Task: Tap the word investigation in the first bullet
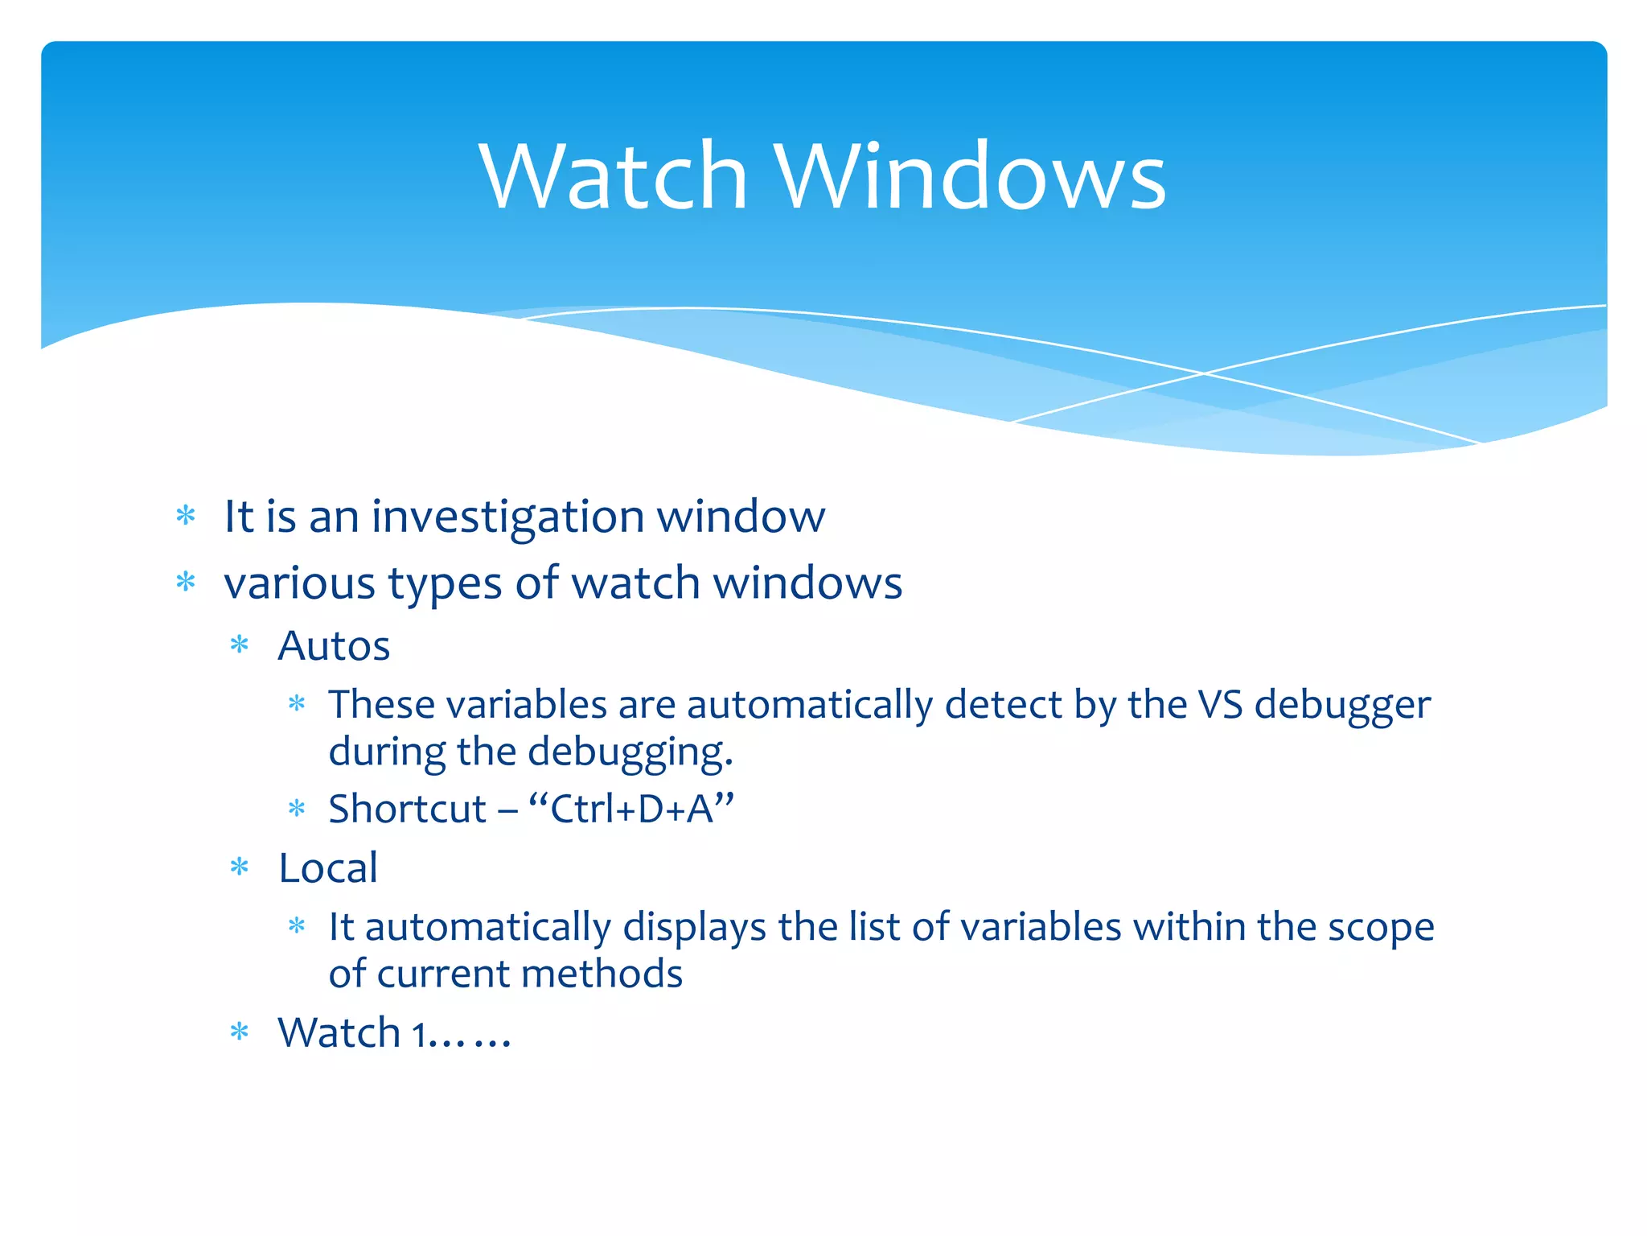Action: [507, 517]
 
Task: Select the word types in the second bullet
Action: [445, 583]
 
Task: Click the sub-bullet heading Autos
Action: [334, 646]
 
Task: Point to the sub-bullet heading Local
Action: [328, 868]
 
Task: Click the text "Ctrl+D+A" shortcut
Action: [631, 810]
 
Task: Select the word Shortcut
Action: [408, 810]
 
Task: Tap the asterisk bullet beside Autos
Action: [240, 645]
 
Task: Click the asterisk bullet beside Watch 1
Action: [240, 1032]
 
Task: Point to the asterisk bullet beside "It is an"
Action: [186, 515]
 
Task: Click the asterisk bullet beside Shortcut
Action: [297, 809]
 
